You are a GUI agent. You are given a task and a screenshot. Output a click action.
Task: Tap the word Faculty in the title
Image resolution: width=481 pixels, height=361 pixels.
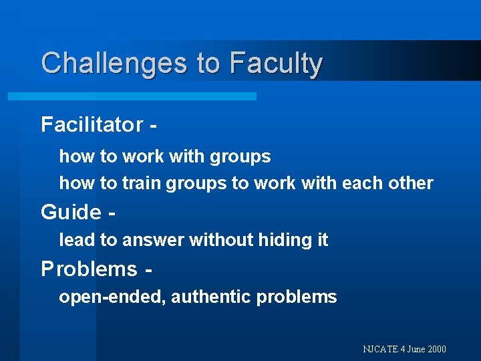tap(275, 64)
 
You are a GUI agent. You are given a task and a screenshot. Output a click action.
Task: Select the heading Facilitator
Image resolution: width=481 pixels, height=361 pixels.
tap(92, 124)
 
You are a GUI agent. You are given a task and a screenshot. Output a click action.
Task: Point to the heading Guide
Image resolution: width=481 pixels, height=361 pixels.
tap(71, 212)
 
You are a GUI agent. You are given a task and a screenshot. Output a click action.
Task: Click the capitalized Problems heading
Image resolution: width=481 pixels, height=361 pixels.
tap(89, 269)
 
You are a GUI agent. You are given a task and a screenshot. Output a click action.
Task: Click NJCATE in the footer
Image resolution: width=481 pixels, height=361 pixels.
tap(380, 349)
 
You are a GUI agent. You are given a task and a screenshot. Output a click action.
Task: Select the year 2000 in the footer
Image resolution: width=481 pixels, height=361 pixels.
tap(436, 349)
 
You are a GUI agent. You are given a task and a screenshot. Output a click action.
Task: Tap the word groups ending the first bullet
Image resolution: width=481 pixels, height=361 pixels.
tap(240, 157)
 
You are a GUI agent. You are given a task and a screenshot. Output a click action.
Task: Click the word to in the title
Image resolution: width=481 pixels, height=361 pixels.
tap(208, 64)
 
